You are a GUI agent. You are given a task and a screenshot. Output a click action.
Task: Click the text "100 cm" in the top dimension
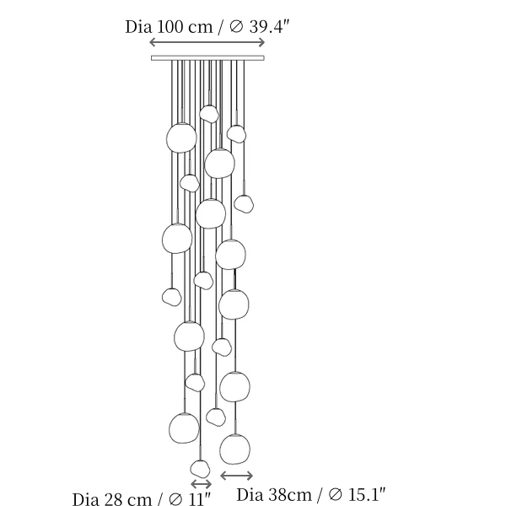pos(185,27)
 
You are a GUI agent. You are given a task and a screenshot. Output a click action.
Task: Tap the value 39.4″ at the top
pos(270,26)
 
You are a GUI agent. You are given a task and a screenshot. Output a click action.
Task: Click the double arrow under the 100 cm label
pos(207,42)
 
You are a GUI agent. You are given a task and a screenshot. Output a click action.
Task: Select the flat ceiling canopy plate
pos(207,58)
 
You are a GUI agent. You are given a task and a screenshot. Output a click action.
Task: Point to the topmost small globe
pos(209,114)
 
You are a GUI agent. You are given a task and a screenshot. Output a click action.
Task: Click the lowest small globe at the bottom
pos(200,469)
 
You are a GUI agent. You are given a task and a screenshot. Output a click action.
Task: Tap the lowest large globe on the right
pos(234,449)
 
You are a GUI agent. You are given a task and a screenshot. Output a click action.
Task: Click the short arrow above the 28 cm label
pos(201,484)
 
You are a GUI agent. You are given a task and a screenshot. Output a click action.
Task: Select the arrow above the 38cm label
pos(236,476)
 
